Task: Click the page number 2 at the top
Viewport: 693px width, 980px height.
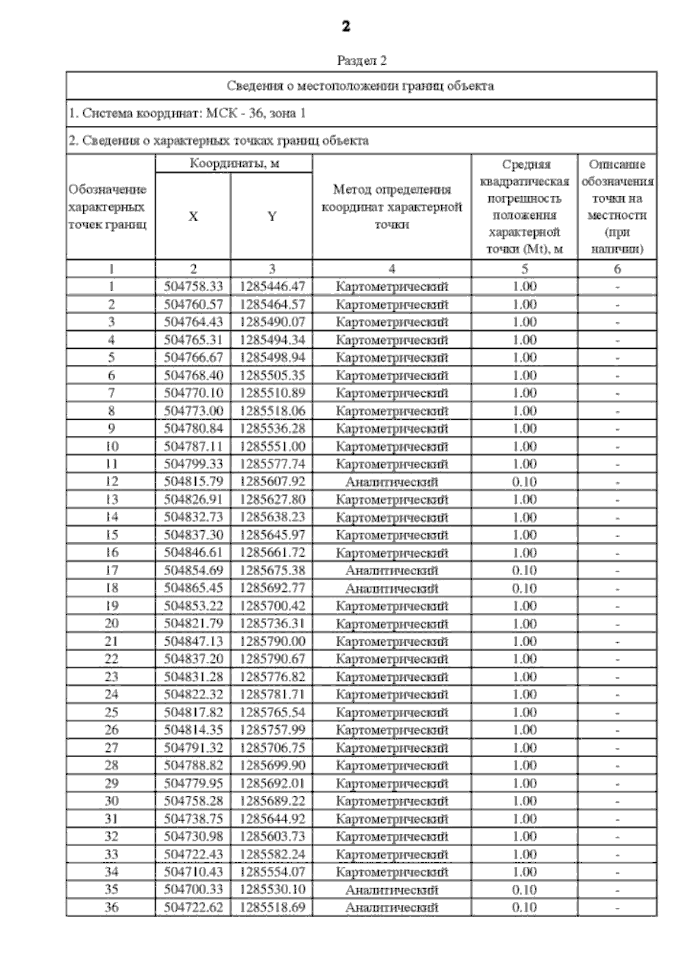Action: (x=346, y=26)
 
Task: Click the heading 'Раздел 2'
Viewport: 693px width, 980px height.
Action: (x=362, y=60)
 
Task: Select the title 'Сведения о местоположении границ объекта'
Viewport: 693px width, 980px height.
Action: (x=360, y=86)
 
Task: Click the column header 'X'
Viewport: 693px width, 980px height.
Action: (x=193, y=216)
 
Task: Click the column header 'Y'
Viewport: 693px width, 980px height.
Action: (x=271, y=216)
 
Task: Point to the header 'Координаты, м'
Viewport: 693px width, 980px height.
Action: (x=234, y=163)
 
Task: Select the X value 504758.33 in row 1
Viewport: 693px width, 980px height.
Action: (x=193, y=286)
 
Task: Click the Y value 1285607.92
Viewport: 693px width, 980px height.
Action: (x=271, y=482)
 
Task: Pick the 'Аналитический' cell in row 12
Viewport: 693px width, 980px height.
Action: (x=392, y=482)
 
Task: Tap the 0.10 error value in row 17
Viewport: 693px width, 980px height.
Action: (x=524, y=571)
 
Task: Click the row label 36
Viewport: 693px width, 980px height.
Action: (x=111, y=907)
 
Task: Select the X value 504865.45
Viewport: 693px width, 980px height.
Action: (x=193, y=588)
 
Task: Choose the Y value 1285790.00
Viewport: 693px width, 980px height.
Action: (x=271, y=642)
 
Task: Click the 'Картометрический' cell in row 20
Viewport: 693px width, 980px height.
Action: (x=392, y=624)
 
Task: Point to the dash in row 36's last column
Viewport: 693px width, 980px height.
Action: (x=617, y=908)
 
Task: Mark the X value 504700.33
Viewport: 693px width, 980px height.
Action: (x=193, y=889)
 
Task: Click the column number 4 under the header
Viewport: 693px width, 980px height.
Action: (x=392, y=269)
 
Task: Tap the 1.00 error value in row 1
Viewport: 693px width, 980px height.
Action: (x=524, y=286)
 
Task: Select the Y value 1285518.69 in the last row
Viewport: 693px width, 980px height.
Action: (x=271, y=907)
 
